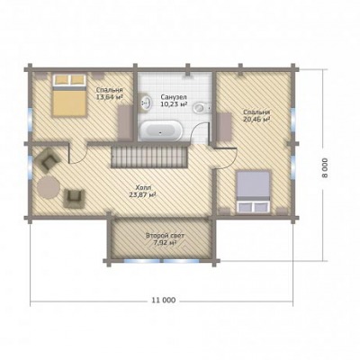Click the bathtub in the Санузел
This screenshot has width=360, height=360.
(x=160, y=130)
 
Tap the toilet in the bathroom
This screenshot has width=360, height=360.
(x=202, y=108)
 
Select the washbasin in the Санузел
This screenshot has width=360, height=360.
(x=146, y=103)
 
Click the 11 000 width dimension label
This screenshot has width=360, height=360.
(x=164, y=301)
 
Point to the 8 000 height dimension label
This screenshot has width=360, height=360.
(x=325, y=168)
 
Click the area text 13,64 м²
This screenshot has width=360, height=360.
(x=110, y=96)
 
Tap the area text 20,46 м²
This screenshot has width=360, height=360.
(x=256, y=119)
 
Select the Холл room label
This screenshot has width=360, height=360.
(x=142, y=188)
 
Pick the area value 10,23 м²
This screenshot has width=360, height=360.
(x=174, y=103)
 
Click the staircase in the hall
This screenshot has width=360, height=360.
(x=149, y=156)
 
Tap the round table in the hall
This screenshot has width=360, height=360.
(x=49, y=187)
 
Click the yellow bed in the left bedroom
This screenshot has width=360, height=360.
(x=69, y=95)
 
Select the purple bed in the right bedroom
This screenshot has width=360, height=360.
(x=254, y=193)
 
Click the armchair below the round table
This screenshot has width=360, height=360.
(x=74, y=197)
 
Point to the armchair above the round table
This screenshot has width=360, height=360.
(x=48, y=161)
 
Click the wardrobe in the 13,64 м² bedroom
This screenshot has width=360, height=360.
(x=124, y=122)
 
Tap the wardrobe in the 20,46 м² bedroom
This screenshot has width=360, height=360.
(x=224, y=127)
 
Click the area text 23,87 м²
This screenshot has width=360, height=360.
(x=142, y=195)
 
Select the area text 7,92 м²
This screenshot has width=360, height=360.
(x=165, y=242)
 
